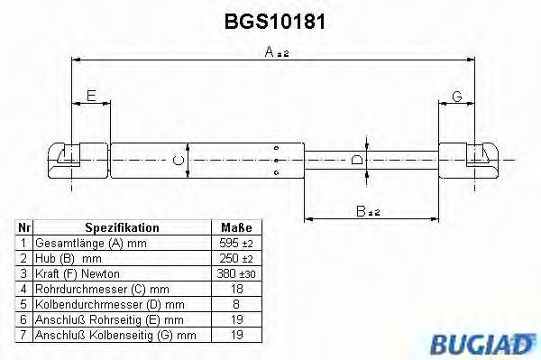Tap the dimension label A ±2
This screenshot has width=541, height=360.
(276, 53)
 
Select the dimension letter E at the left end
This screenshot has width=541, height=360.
(89, 97)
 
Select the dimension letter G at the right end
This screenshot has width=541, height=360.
(457, 97)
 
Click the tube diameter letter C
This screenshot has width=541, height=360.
(179, 162)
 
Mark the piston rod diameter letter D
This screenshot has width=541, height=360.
(358, 161)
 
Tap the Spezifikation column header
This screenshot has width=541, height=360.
(122, 228)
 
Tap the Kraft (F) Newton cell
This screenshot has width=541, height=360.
(77, 273)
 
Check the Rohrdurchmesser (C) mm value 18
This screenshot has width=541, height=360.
(235, 289)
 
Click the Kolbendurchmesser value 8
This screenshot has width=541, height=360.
(235, 304)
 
